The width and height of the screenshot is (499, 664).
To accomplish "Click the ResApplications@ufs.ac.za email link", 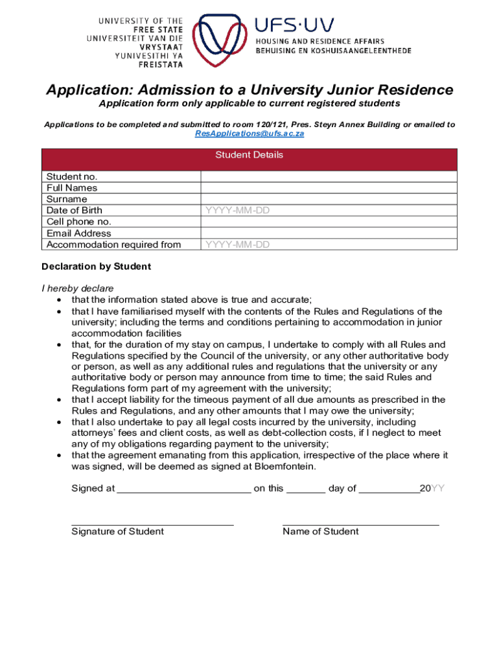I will [250, 134].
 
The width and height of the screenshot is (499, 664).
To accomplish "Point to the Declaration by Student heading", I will [96, 267].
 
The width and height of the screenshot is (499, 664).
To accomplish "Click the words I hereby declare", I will [77, 288].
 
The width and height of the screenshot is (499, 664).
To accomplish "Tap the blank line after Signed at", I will [184, 490].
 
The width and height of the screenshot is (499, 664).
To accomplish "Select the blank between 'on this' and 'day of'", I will [306, 490].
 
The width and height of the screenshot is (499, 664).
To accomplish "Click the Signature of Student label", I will [117, 532].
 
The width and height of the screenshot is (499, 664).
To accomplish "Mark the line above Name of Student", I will [361, 523].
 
